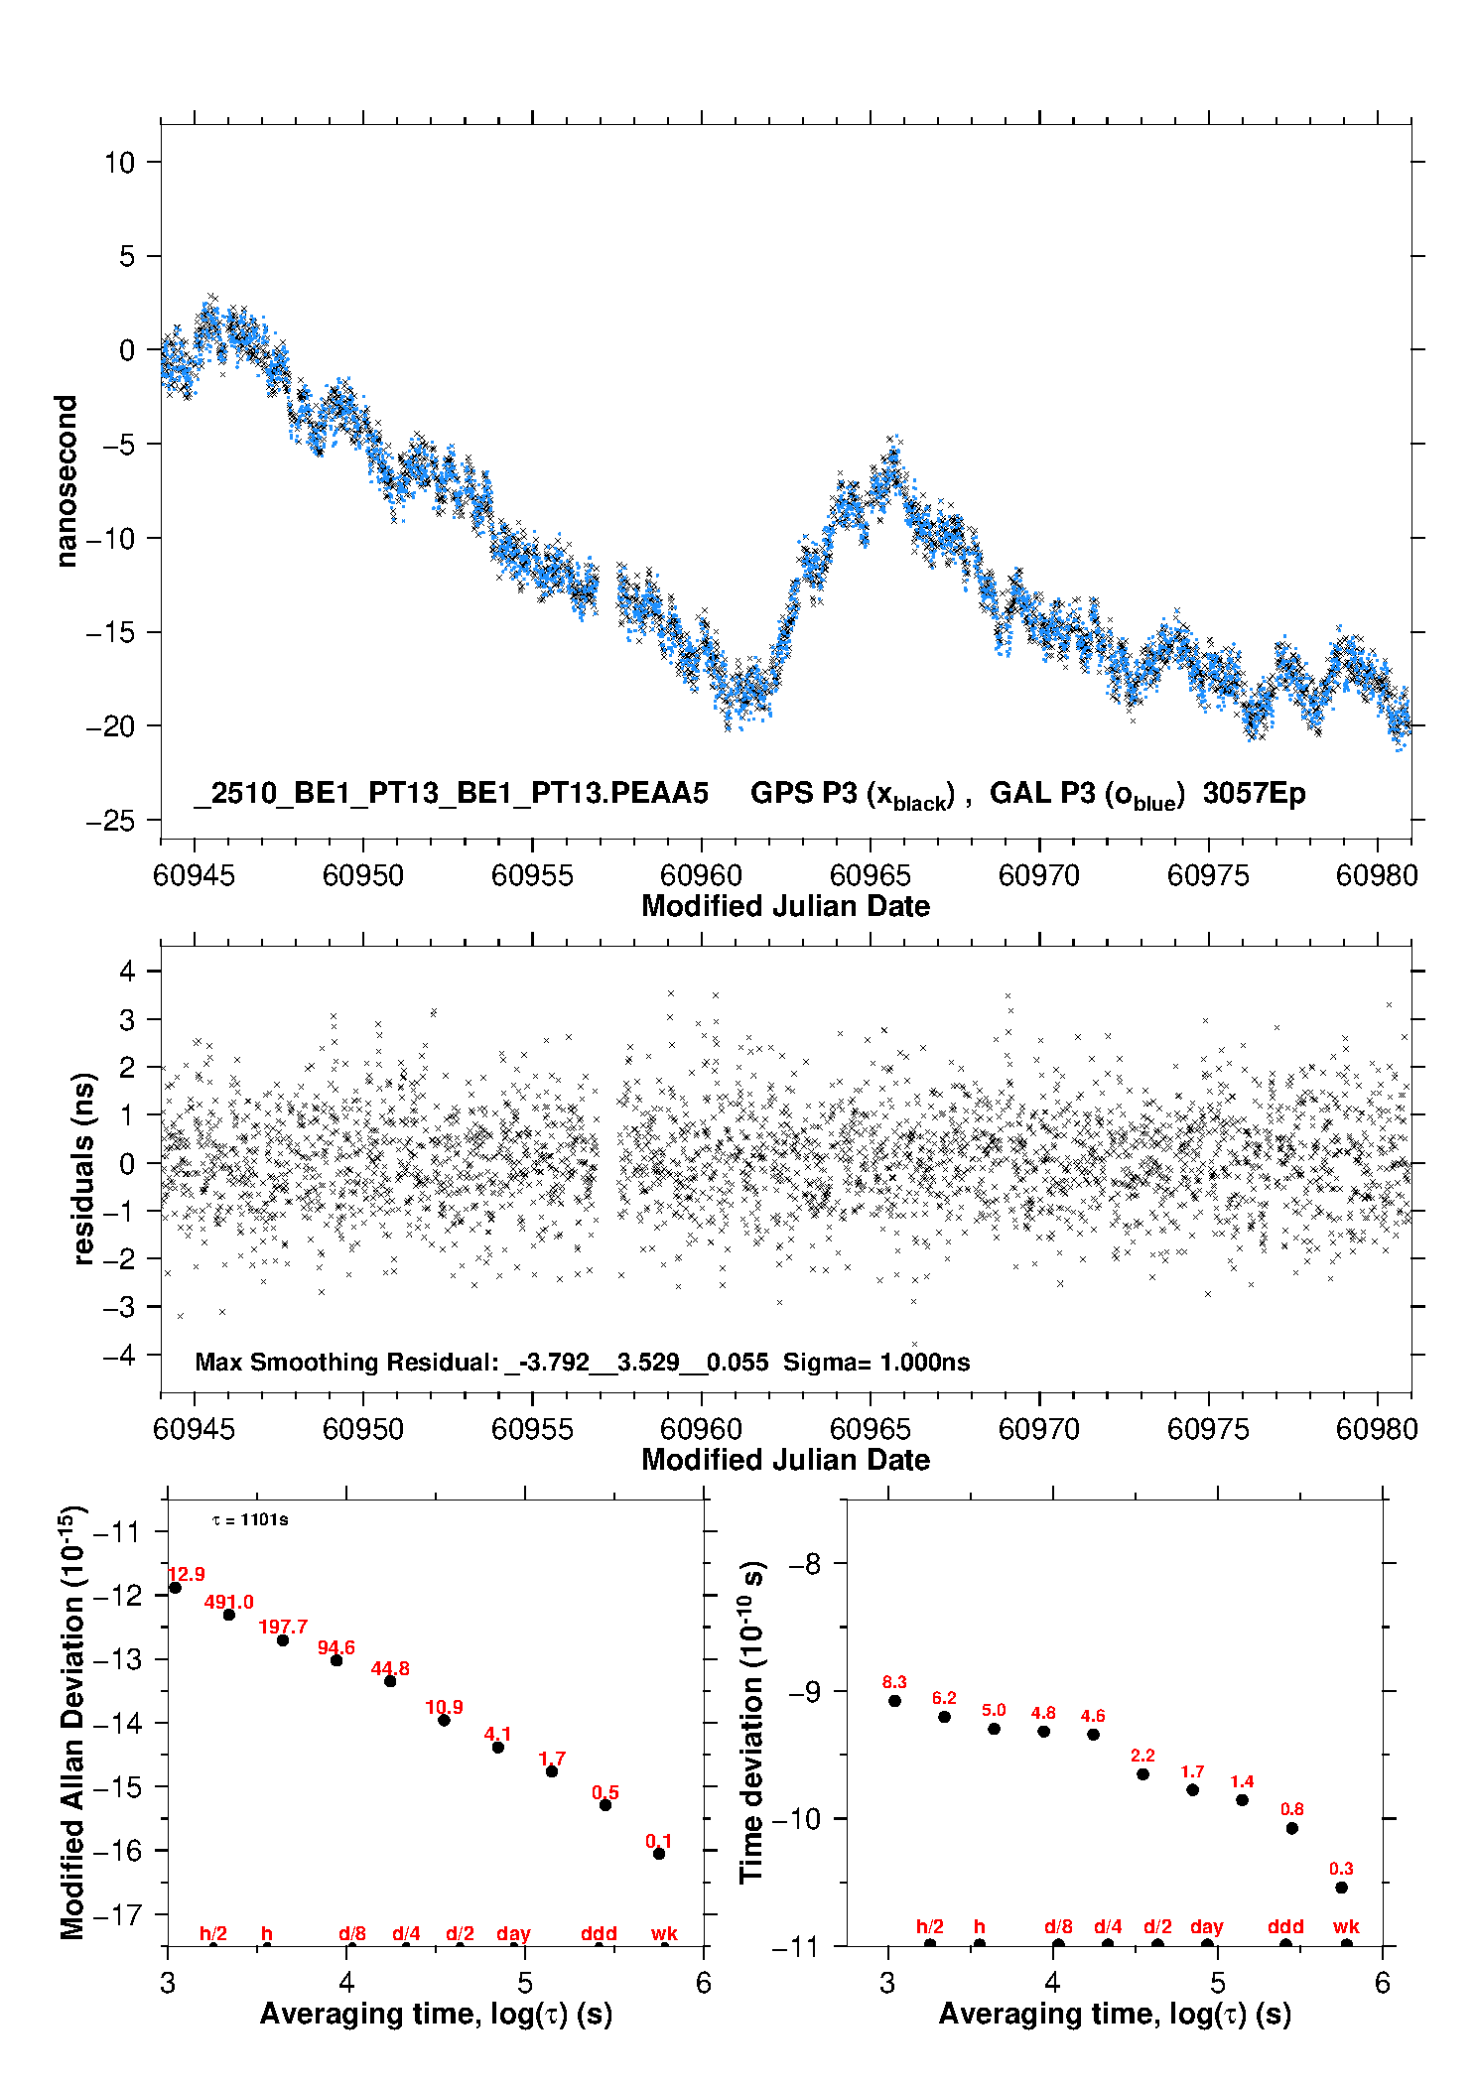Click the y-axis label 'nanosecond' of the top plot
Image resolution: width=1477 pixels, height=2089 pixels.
click(66, 480)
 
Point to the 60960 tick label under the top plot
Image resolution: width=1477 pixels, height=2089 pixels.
click(701, 875)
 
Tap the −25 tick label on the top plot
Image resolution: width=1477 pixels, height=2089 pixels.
click(110, 821)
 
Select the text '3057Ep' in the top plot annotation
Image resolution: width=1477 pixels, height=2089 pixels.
click(1254, 794)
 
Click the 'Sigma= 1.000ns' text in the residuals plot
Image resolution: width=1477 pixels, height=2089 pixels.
click(875, 1363)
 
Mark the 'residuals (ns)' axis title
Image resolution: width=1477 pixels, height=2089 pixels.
click(84, 1168)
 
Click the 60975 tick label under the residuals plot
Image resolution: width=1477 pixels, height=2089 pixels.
click(1208, 1429)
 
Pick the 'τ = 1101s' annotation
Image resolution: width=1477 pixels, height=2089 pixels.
click(250, 1520)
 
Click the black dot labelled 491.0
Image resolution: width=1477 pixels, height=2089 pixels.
click(229, 1615)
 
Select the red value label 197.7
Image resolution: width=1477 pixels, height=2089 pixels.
click(283, 1627)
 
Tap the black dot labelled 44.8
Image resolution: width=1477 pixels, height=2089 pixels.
click(390, 1681)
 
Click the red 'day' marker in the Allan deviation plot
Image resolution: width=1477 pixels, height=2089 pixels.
click(513, 1933)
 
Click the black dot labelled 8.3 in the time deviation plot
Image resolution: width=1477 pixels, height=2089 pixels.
click(894, 1701)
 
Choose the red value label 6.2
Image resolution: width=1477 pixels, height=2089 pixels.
click(944, 1698)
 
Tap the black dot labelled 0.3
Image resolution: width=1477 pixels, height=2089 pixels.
click(1341, 1888)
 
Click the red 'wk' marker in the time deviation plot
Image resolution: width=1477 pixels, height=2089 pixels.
click(1346, 1926)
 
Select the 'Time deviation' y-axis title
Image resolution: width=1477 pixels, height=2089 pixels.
click(751, 1722)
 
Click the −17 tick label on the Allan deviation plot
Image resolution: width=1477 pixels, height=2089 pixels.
click(117, 1914)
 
